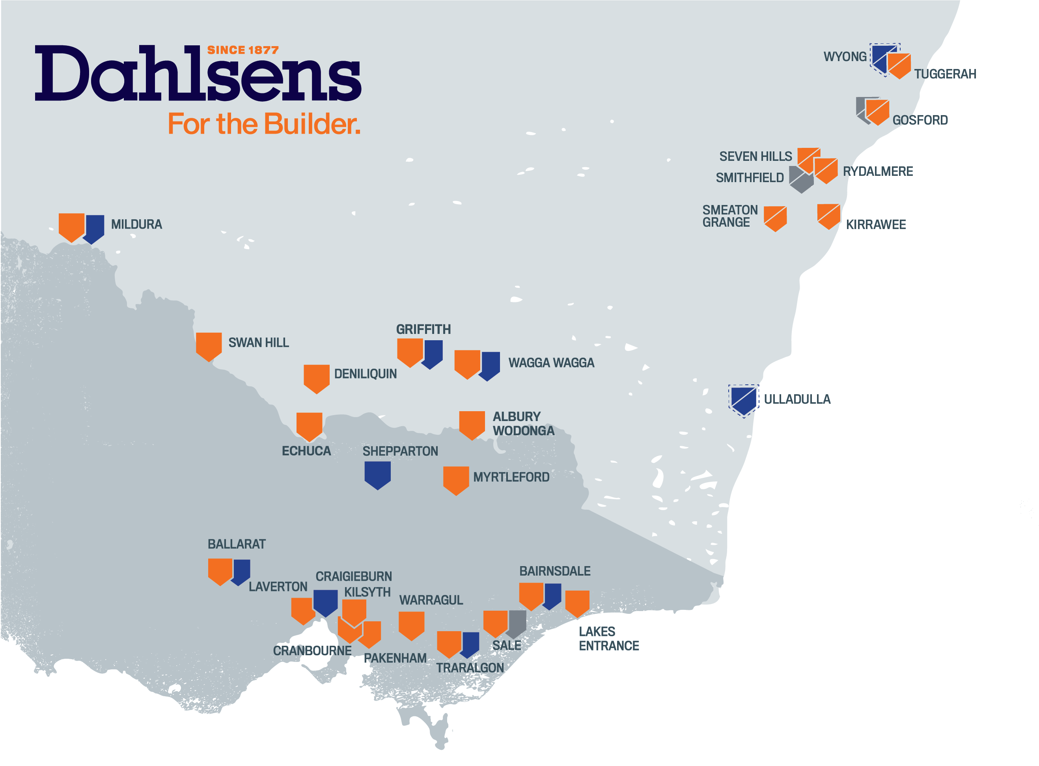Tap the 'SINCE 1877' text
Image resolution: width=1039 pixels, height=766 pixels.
(x=242, y=50)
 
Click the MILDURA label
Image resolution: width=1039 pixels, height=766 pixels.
(x=136, y=224)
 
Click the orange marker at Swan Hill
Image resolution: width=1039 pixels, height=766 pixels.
(x=209, y=345)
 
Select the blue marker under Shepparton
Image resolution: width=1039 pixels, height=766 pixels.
(x=377, y=474)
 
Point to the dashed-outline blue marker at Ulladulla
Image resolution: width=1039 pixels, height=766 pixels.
(x=743, y=400)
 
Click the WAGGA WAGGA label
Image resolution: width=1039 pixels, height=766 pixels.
(x=551, y=363)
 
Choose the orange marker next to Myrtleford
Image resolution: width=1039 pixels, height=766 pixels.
(x=456, y=479)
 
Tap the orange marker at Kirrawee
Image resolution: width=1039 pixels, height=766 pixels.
(x=828, y=216)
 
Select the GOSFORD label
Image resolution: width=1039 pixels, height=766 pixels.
(x=920, y=120)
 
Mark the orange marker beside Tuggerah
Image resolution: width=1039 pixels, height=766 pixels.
(x=899, y=65)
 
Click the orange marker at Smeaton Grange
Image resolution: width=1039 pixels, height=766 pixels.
(x=775, y=218)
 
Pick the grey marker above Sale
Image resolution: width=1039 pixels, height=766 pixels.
(x=517, y=623)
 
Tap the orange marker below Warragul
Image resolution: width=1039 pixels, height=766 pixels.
(x=411, y=624)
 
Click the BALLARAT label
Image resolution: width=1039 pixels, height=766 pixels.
(x=237, y=544)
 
